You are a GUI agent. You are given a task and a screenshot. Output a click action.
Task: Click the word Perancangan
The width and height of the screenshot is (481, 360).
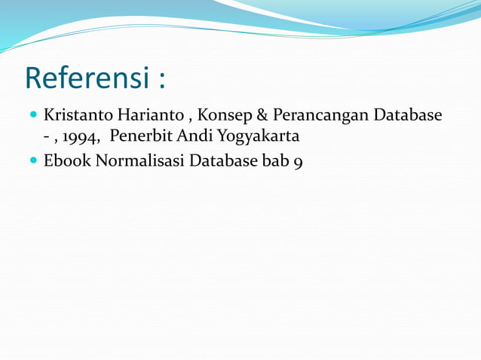(x=320, y=117)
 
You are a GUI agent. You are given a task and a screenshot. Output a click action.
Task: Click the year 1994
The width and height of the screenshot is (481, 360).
(x=81, y=138)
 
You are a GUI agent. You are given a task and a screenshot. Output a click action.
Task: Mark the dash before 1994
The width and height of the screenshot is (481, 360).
(x=47, y=139)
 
